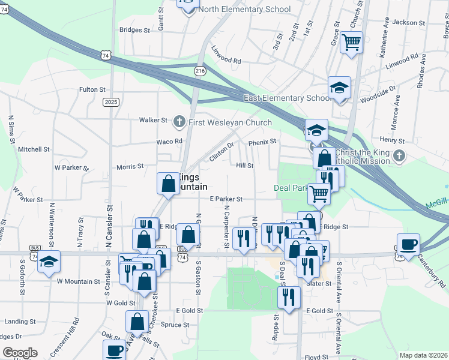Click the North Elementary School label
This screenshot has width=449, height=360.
tap(244, 10)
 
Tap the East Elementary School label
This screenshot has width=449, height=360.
tap(287, 98)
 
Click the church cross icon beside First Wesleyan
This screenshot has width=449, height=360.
tap(178, 122)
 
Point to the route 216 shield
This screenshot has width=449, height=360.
tap(200, 71)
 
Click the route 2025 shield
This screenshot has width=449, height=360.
tap(111, 102)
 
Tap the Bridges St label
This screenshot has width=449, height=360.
tap(134, 29)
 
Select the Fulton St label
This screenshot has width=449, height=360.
tap(92, 89)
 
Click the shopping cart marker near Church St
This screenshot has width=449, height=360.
tap(351, 43)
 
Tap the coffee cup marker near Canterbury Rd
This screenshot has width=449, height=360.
tap(409, 245)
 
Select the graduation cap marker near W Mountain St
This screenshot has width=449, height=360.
tap(49, 262)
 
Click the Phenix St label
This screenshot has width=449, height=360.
tap(262, 142)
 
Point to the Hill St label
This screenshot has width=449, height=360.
tap(245, 165)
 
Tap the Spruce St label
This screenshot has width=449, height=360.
tap(176, 325)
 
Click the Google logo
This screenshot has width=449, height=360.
tap(20, 353)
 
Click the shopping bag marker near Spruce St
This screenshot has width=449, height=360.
tap(137, 321)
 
